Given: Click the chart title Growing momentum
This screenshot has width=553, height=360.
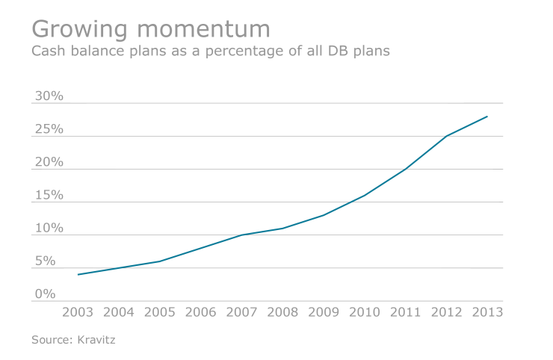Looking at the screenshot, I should point(150,28).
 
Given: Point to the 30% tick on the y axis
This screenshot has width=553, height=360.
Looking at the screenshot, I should point(49,97).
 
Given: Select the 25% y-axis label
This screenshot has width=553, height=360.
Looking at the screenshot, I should point(49,130).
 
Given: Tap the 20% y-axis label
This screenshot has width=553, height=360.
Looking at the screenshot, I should point(49,163).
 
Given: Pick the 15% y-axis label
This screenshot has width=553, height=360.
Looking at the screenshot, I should point(49,196).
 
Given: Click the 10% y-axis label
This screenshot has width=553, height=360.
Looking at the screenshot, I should point(49,229).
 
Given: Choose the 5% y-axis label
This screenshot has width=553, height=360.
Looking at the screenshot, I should point(45,261).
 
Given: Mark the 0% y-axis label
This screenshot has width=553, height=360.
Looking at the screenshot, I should point(45,294).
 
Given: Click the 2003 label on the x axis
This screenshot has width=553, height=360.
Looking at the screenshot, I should point(78,311).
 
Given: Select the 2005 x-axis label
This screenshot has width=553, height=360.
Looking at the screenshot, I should point(159,311).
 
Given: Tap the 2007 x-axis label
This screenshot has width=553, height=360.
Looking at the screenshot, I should point(241,311).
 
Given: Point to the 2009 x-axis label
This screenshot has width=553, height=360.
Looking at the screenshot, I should point(323,311).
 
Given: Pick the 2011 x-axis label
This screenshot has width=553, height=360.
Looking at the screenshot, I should point(405,311).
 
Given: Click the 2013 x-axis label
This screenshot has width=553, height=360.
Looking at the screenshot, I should point(486,311).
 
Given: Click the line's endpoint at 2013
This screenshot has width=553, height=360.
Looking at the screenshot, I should point(487,117).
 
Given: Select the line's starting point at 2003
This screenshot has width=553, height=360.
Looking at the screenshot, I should point(78,274).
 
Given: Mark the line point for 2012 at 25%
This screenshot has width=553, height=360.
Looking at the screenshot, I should point(446,136).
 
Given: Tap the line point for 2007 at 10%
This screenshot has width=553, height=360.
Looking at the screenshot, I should point(241,235).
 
